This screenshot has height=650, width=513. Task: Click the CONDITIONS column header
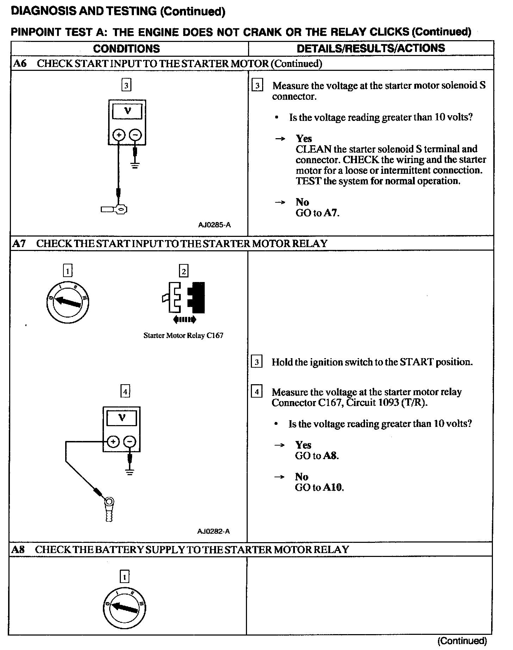pyautogui.click(x=126, y=48)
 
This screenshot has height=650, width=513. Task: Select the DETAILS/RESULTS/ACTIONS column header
pyautogui.click(x=371, y=48)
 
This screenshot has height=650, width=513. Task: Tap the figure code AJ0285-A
pyautogui.click(x=214, y=225)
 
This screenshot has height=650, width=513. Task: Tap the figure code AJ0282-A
pyautogui.click(x=214, y=531)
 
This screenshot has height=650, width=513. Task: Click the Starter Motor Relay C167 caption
pyautogui.click(x=183, y=336)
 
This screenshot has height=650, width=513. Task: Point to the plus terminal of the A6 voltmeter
pyautogui.click(x=119, y=135)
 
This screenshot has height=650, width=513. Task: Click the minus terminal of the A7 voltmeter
pyautogui.click(x=130, y=442)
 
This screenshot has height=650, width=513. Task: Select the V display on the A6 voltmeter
pyautogui.click(x=127, y=111)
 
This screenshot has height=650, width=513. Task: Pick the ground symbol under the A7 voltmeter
pyautogui.click(x=130, y=472)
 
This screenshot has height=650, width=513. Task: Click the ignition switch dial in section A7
pyautogui.click(x=68, y=302)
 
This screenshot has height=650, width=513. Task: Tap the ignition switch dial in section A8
pyautogui.click(x=125, y=608)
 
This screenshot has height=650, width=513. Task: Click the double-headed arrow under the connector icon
pyautogui.click(x=185, y=320)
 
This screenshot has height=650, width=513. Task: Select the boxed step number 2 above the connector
pyautogui.click(x=184, y=271)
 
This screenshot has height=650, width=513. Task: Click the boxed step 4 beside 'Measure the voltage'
pyautogui.click(x=256, y=392)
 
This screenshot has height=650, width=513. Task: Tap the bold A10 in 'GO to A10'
pyautogui.click(x=333, y=487)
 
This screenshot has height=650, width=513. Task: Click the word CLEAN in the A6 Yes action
pyautogui.click(x=313, y=149)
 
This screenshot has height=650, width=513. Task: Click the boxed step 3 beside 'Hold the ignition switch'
pyautogui.click(x=256, y=362)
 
